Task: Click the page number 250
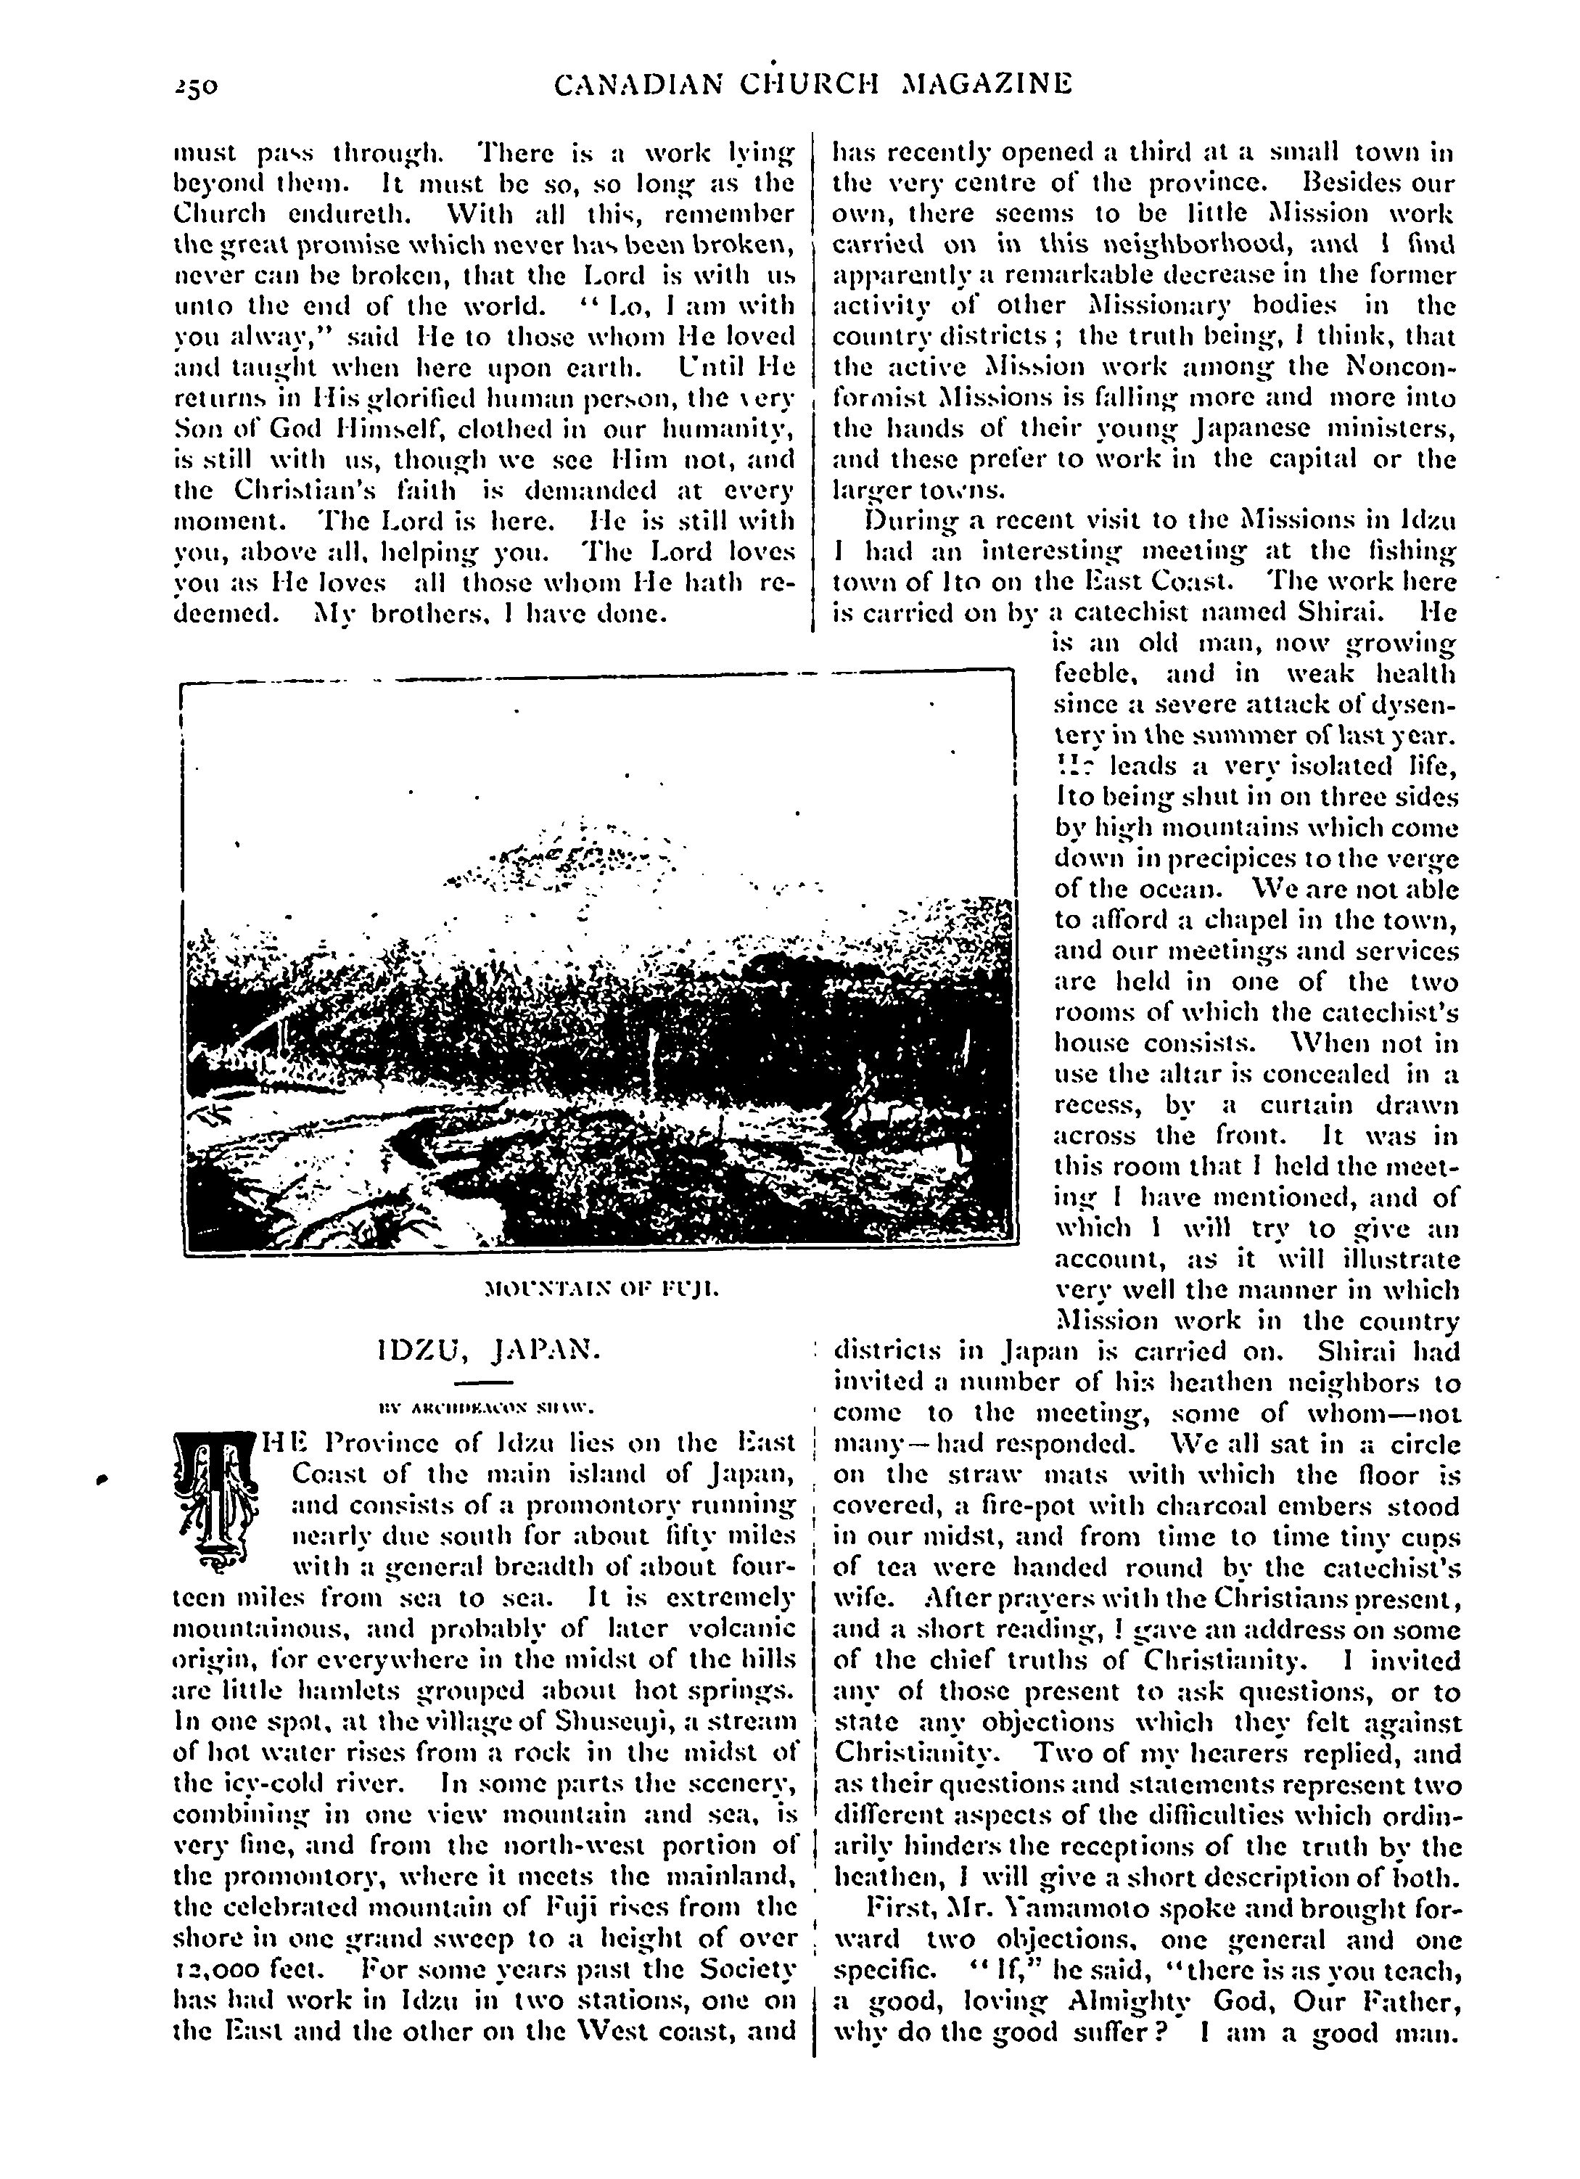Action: click(x=197, y=86)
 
